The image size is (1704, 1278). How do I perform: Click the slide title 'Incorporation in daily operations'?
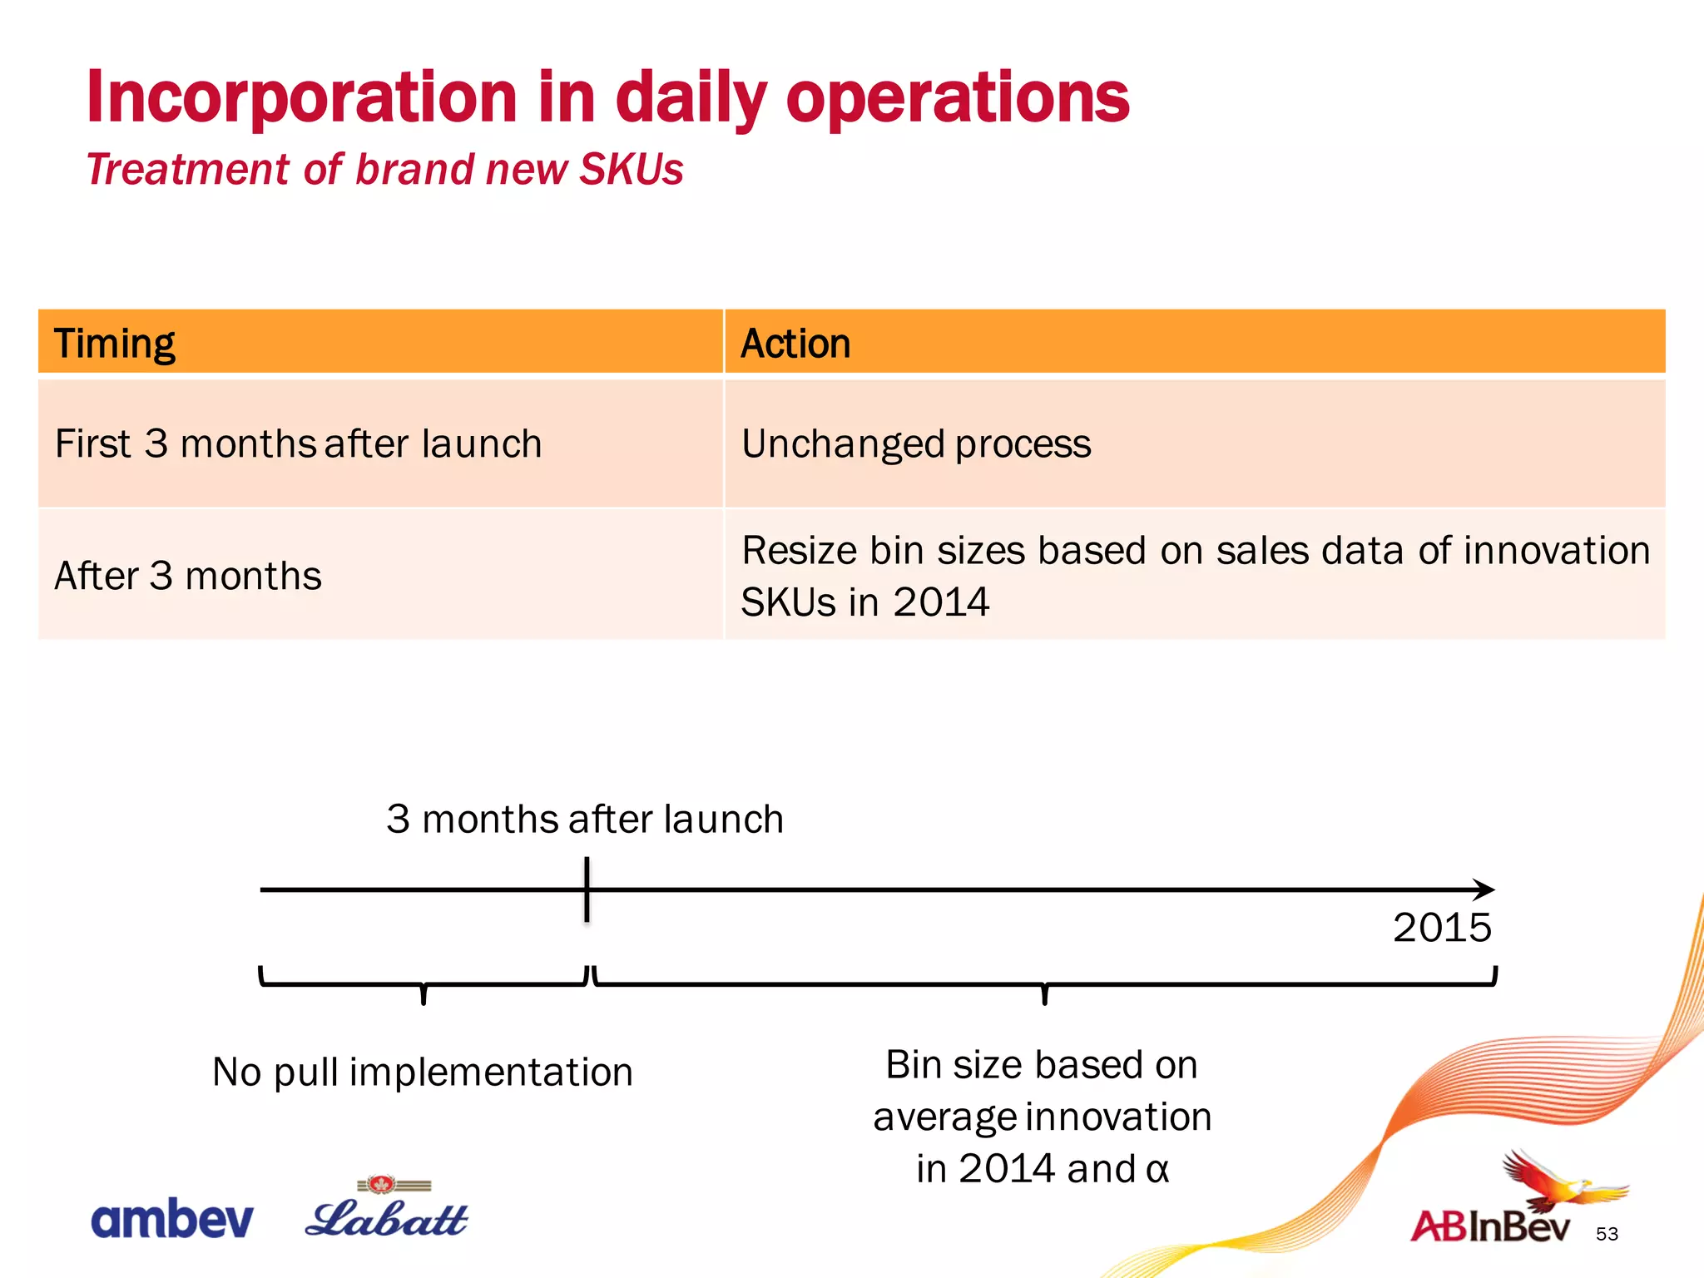pyautogui.click(x=607, y=98)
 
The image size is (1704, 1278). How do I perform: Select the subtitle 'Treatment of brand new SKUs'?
pyautogui.click(x=384, y=170)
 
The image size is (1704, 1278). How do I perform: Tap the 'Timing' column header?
pyautogui.click(x=115, y=344)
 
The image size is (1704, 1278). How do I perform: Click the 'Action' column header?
pyautogui.click(x=795, y=344)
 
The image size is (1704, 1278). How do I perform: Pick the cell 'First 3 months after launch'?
pyautogui.click(x=298, y=443)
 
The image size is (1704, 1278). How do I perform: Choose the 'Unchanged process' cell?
pyautogui.click(x=916, y=443)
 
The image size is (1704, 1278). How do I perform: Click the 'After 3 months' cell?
pyautogui.click(x=188, y=576)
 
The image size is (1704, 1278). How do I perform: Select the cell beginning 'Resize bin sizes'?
pyautogui.click(x=1195, y=576)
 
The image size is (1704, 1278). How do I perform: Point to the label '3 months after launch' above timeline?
pyautogui.click(x=585, y=819)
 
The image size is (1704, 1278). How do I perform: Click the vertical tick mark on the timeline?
pyautogui.click(x=587, y=889)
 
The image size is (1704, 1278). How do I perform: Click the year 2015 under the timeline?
pyautogui.click(x=1442, y=928)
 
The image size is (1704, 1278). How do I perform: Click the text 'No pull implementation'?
pyautogui.click(x=423, y=1072)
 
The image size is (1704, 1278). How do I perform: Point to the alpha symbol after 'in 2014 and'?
pyautogui.click(x=1157, y=1169)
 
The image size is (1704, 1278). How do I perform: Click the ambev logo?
pyautogui.click(x=172, y=1220)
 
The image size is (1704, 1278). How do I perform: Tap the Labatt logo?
pyautogui.click(x=388, y=1213)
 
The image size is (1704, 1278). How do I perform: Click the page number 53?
pyautogui.click(x=1607, y=1234)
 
